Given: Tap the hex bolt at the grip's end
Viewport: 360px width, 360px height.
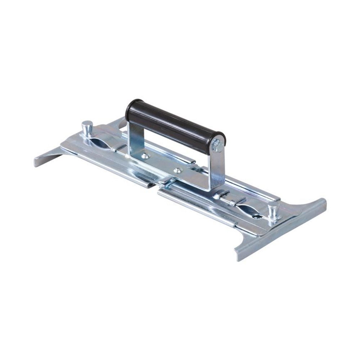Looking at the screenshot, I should click(x=217, y=145).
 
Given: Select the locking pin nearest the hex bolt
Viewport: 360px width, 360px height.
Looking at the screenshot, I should click(x=273, y=211).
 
